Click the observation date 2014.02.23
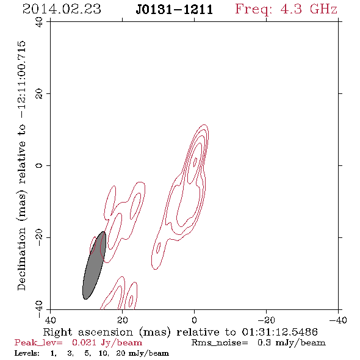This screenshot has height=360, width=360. click(62, 9)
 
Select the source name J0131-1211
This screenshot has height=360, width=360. click(175, 9)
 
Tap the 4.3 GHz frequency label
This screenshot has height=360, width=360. click(309, 9)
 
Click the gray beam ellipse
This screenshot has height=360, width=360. click(94, 265)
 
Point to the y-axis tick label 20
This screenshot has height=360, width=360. click(40, 94)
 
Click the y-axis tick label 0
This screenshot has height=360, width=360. click(40, 165)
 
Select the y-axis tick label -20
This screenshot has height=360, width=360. click(40, 237)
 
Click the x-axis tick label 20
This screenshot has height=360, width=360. click(123, 320)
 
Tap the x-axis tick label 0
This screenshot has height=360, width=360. click(195, 320)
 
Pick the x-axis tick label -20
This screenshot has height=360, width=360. click(266, 320)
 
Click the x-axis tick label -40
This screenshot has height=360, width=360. click(338, 320)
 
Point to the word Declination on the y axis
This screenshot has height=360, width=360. click(21, 259)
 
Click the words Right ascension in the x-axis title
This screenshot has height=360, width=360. click(88, 332)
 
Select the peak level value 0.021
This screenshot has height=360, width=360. click(84, 343)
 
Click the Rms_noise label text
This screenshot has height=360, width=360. click(220, 343)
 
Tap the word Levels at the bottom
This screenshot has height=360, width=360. click(27, 353)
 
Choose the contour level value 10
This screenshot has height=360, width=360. click(104, 353)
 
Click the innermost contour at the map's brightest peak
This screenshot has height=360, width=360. click(195, 162)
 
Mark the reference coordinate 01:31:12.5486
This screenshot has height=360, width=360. click(280, 332)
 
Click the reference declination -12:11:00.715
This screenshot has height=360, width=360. click(22, 80)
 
